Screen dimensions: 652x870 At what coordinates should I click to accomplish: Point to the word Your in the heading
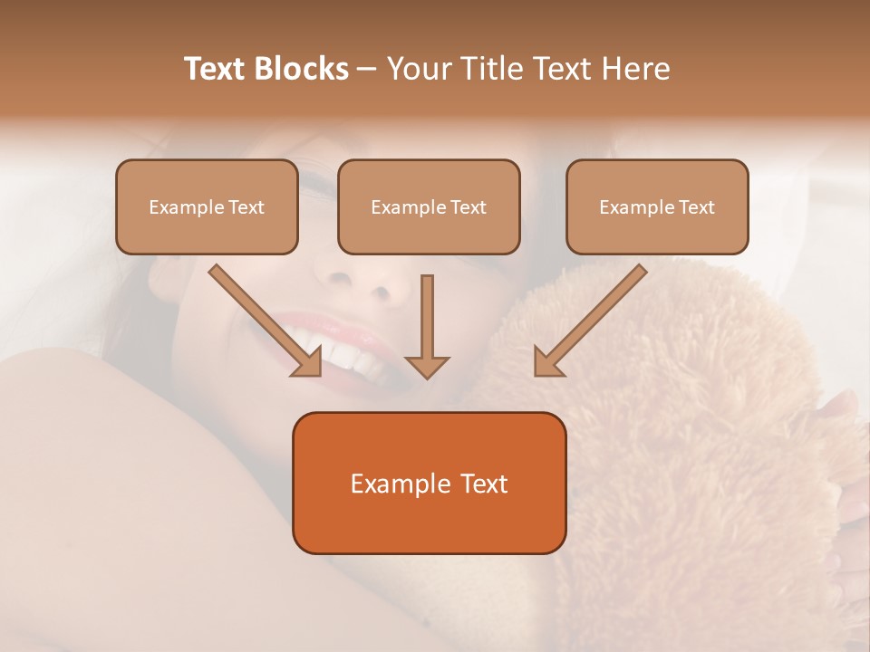[420, 69]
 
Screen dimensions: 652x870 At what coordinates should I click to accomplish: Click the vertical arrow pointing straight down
[427, 326]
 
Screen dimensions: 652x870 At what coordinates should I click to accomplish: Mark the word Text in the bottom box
[485, 484]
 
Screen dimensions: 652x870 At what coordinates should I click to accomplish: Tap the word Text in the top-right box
[695, 207]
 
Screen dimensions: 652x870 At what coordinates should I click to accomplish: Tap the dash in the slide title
[367, 70]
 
